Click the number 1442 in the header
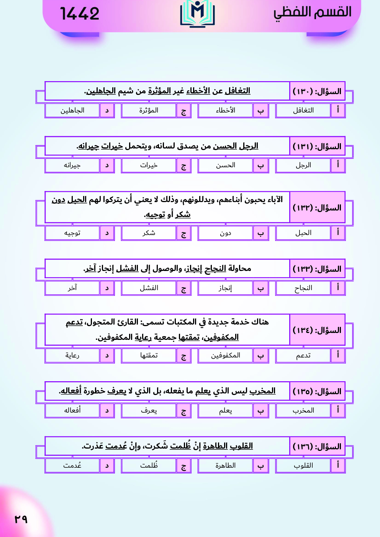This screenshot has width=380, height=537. (x=80, y=14)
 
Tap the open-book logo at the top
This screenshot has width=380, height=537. (x=197, y=14)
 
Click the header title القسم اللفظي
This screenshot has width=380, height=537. (x=312, y=12)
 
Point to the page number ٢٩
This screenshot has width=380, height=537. (x=21, y=519)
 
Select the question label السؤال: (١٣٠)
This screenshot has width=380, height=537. (x=317, y=91)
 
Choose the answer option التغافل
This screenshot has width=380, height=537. (x=303, y=110)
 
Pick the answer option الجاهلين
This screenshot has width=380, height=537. (x=72, y=110)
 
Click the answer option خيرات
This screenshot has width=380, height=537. (x=149, y=165)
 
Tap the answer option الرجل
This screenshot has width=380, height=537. (x=303, y=165)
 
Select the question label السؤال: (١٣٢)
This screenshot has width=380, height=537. (x=317, y=207)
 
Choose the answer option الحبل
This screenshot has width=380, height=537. (x=303, y=233)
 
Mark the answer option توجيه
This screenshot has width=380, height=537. (x=72, y=233)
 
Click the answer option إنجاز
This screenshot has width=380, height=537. (x=225, y=288)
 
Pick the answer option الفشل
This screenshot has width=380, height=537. (x=149, y=288)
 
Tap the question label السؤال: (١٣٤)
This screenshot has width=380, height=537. (x=317, y=330)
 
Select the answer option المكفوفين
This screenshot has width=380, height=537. (x=225, y=355)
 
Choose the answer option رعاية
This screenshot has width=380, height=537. (x=72, y=355)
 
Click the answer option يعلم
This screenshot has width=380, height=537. (x=225, y=410)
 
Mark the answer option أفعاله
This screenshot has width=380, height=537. (x=72, y=410)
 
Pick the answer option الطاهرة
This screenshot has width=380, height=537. (x=225, y=465)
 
